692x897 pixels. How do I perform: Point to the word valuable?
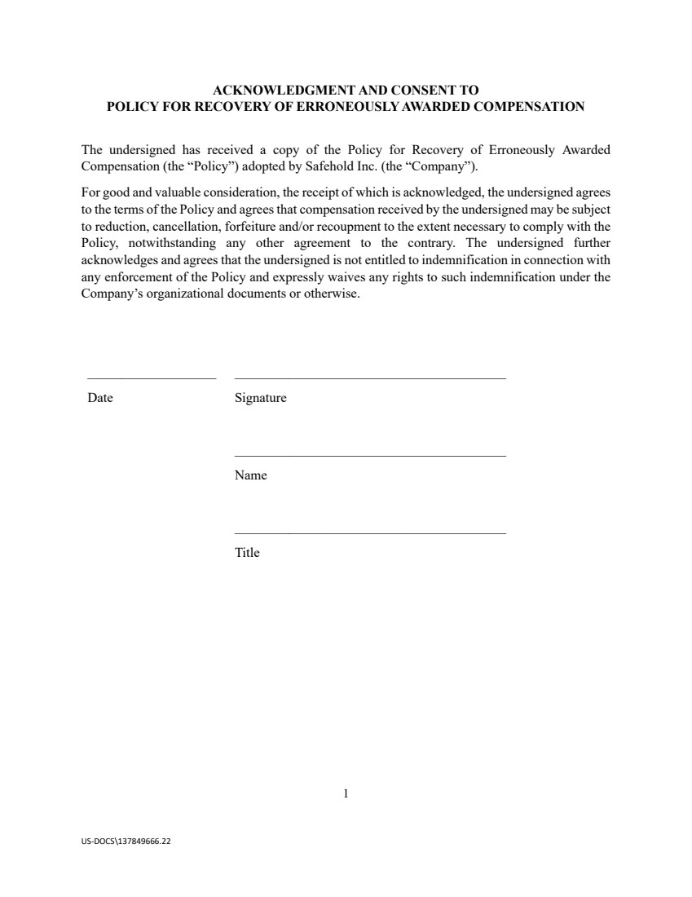[x=166, y=192]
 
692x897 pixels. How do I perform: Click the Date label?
[x=100, y=399]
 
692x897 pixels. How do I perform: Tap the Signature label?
[x=260, y=399]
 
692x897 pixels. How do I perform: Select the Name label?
[x=250, y=475]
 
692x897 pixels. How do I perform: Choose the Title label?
[x=247, y=553]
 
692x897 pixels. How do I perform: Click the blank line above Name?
[x=370, y=455]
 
